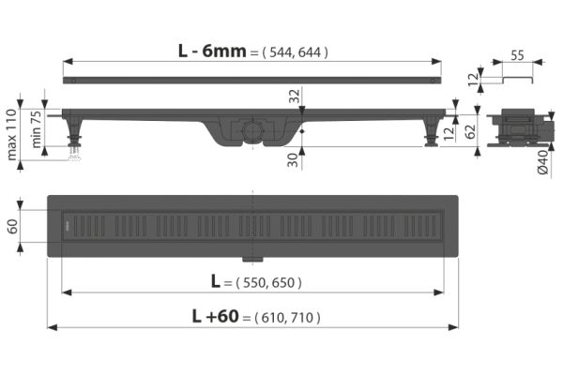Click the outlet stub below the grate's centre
click(x=251, y=257)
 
